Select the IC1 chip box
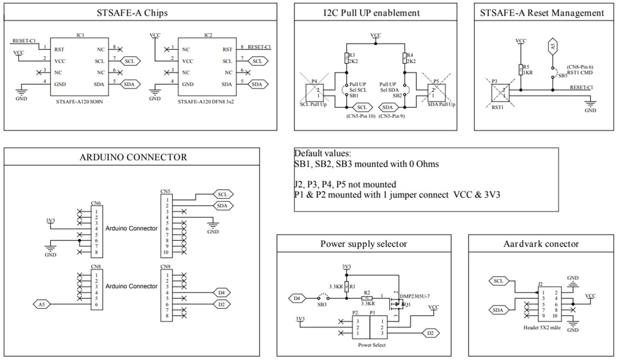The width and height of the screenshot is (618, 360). click(80, 66)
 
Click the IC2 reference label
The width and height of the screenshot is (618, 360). click(208, 35)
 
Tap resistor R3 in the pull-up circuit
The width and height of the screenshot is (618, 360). click(347, 58)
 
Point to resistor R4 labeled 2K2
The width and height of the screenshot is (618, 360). click(405, 58)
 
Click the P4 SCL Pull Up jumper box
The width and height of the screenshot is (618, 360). click(315, 92)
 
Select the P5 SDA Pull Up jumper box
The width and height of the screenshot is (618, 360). click(436, 92)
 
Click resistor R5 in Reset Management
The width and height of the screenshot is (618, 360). click(521, 69)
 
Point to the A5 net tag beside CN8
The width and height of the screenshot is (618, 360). click(41, 304)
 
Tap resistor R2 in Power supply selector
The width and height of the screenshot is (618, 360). click(367, 298)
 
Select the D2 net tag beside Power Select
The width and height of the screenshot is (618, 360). click(430, 333)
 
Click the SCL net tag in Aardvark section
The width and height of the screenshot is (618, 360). click(498, 281)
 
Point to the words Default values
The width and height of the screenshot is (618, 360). click(323, 153)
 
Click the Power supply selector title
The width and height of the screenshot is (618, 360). click(363, 244)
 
